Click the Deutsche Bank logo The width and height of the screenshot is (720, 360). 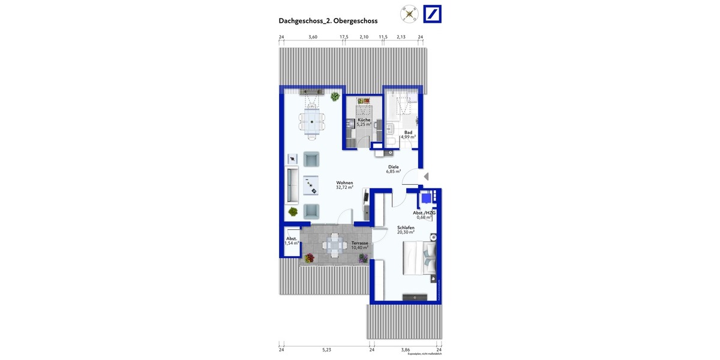pyautogui.click(x=432, y=14)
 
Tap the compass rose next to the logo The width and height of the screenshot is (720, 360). pyautogui.click(x=410, y=14)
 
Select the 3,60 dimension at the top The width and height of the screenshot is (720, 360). pyautogui.click(x=313, y=37)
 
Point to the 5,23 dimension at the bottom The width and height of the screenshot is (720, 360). pyautogui.click(x=326, y=349)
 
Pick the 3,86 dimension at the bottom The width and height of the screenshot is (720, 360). pyautogui.click(x=406, y=349)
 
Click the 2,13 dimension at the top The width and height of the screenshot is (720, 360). pyautogui.click(x=401, y=37)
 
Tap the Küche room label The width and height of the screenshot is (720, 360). pyautogui.click(x=364, y=121)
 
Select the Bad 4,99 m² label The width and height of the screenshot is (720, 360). pyautogui.click(x=408, y=134)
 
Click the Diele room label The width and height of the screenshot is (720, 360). pyautogui.click(x=394, y=168)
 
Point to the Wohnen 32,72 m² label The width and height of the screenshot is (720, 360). pyautogui.click(x=344, y=185)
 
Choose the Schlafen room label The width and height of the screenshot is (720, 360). pyautogui.click(x=406, y=229)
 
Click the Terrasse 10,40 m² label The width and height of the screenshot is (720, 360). pyautogui.click(x=360, y=245)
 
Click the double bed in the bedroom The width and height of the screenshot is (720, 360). pyautogui.click(x=418, y=258)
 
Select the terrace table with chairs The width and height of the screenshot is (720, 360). pyautogui.click(x=334, y=245)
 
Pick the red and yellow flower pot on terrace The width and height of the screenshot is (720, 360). pyautogui.click(x=309, y=258)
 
